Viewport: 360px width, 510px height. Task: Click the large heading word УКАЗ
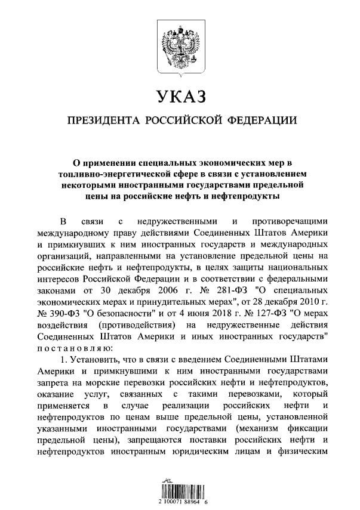tap(180, 97)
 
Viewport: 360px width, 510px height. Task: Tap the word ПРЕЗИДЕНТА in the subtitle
tap(102, 120)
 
